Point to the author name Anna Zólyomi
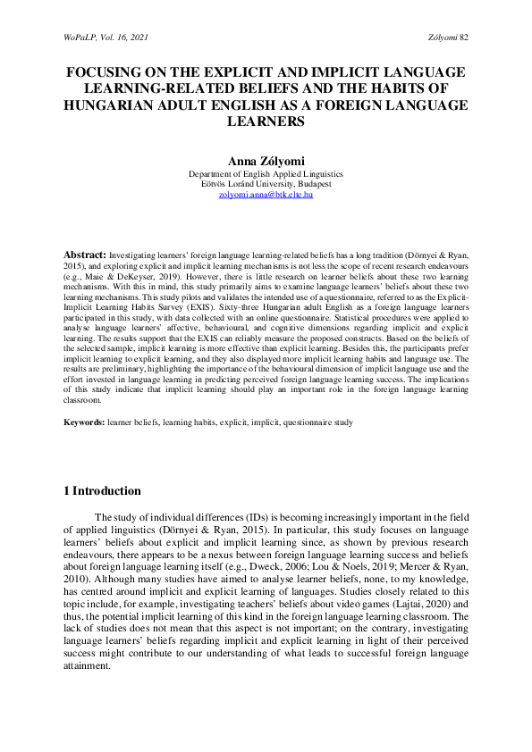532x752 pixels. (266, 161)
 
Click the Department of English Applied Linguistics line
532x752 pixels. (266, 173)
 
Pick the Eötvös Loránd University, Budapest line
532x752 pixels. (266, 183)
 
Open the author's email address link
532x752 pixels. (266, 194)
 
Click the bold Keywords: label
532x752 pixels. (84, 420)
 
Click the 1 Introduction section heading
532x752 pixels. (103, 491)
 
